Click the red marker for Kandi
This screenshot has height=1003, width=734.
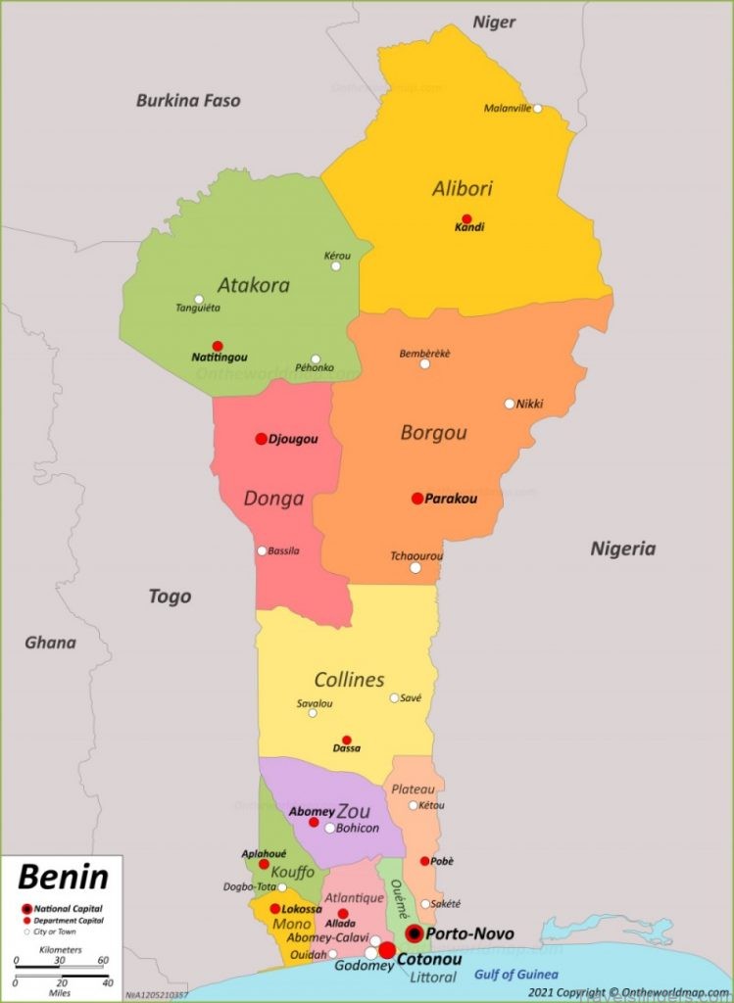click(466, 219)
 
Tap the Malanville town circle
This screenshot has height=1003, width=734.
click(537, 109)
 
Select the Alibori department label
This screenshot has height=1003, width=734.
click(463, 188)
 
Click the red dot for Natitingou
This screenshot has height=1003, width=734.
click(218, 346)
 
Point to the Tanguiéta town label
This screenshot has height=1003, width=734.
click(198, 308)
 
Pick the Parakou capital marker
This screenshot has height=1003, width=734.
click(417, 499)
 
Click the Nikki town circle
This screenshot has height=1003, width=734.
click(510, 404)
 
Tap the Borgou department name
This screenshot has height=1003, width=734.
click(433, 432)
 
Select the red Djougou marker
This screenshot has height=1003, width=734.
click(262, 439)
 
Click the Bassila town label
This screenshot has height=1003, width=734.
click(284, 550)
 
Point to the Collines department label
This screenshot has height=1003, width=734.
click(349, 679)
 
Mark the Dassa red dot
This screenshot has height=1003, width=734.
click(346, 740)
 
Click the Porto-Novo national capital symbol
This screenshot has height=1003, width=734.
click(415, 933)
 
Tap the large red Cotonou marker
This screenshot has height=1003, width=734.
click(387, 951)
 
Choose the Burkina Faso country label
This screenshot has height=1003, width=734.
click(188, 100)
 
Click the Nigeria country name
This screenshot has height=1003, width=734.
click(622, 549)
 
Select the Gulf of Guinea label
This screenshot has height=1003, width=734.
click(515, 974)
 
